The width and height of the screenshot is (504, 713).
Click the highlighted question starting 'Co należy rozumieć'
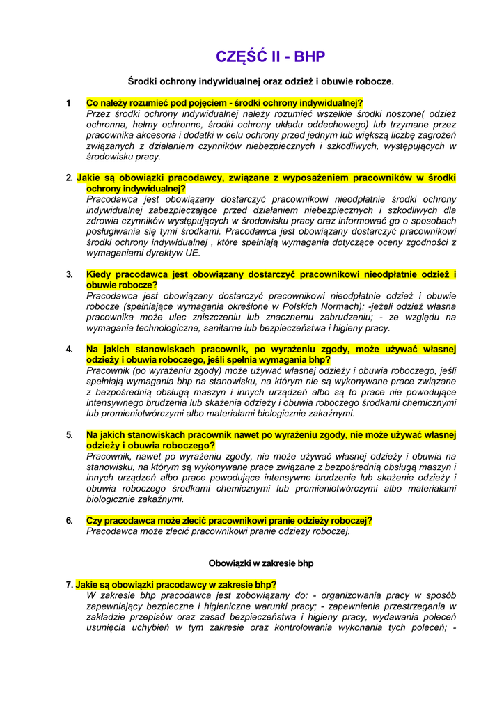coord(224,102)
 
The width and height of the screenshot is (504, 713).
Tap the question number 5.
coord(70,435)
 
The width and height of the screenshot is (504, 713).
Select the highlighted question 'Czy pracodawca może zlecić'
coord(229,520)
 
